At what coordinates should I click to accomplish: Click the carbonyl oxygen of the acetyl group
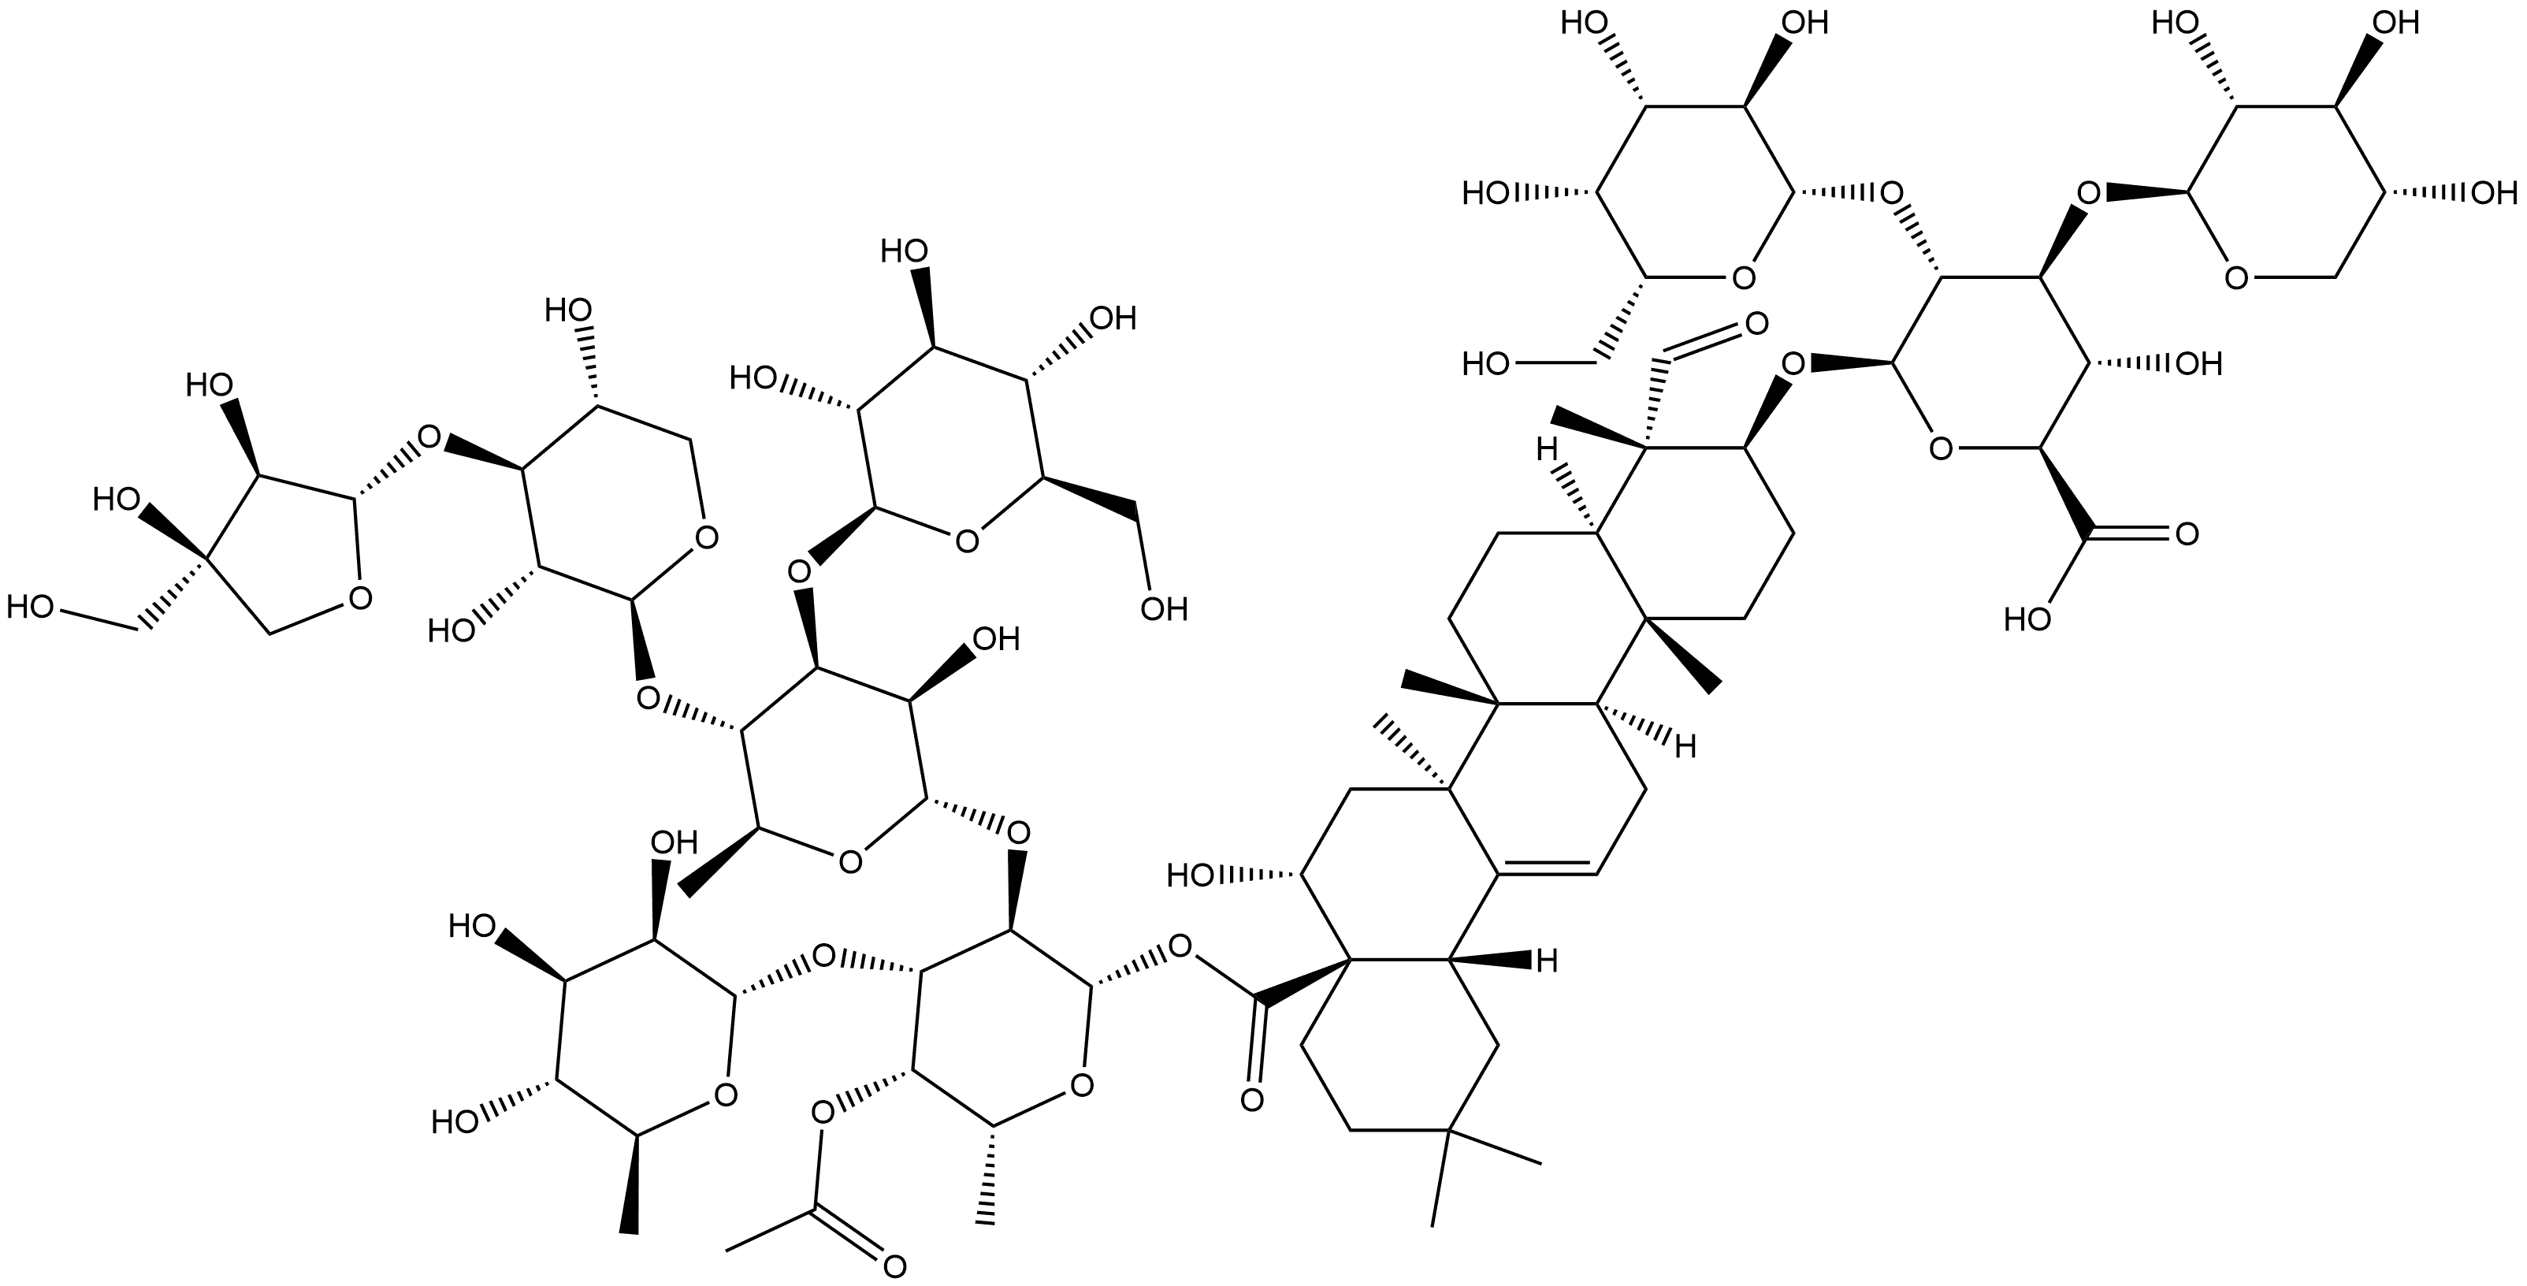(x=892, y=1266)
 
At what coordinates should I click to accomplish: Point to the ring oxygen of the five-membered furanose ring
(x=359, y=596)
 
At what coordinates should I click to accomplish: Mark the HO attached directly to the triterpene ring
(x=1192, y=875)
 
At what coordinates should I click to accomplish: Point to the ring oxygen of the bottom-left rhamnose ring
(x=724, y=1094)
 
